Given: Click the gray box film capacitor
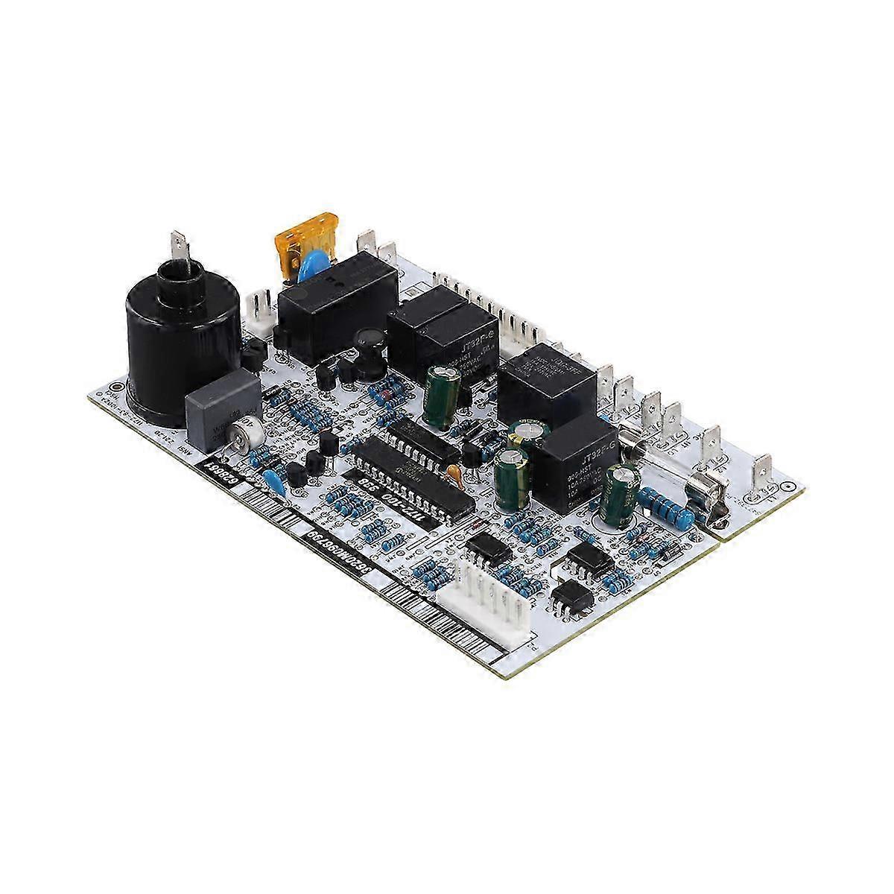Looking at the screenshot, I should point(221,412).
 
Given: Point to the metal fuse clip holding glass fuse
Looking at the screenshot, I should point(709,495).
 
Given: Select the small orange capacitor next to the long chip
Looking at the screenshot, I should point(452,472).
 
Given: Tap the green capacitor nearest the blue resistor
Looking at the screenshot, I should point(620,489).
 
